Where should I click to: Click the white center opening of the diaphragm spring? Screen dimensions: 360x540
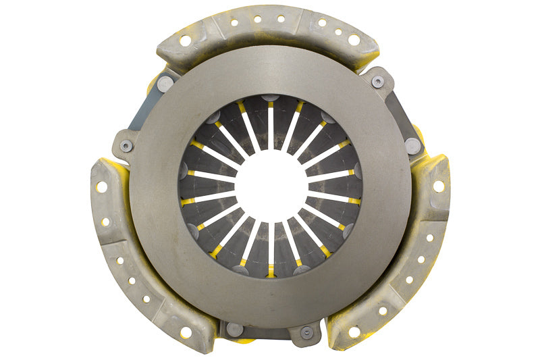270,186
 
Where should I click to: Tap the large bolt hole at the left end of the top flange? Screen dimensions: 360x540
185,41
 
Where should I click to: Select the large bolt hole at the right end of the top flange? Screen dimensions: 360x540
354,41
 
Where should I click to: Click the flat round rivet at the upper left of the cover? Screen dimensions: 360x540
165,84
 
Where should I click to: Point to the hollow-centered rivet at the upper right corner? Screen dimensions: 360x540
378,81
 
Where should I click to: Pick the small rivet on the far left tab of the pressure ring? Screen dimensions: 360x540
126,147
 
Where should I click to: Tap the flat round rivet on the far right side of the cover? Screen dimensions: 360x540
412,145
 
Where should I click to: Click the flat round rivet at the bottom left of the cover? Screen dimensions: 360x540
234,329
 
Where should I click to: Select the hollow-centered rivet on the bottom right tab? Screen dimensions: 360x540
306,332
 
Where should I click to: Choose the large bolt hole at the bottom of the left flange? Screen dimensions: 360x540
185,332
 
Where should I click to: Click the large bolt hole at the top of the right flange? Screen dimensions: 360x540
439,186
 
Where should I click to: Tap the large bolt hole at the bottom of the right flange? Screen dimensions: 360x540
354,332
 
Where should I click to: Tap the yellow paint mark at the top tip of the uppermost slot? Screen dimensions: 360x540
270,103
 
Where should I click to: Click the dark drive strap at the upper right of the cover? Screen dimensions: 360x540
398,115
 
